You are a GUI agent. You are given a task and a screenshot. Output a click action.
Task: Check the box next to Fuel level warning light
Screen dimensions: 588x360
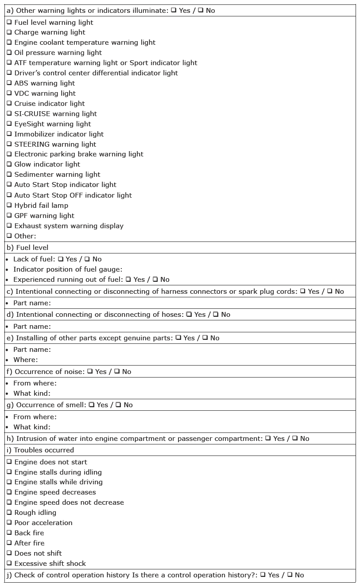click(9, 22)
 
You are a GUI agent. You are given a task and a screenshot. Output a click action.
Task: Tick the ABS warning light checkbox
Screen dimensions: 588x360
click(9, 83)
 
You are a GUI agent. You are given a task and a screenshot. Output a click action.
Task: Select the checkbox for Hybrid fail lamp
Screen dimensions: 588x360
click(9, 205)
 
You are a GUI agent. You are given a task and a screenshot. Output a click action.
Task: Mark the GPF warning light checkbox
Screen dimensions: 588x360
click(9, 215)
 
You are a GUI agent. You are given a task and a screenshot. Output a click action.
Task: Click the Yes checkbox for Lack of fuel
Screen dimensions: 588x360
click(60, 259)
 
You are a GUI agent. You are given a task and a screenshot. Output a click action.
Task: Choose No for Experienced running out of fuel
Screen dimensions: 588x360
click(155, 279)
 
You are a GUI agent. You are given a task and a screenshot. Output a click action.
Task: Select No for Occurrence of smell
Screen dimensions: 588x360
click(118, 405)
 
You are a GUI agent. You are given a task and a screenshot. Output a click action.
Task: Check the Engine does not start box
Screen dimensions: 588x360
click(9, 462)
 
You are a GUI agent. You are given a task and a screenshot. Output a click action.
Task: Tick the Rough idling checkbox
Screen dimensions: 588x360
click(9, 512)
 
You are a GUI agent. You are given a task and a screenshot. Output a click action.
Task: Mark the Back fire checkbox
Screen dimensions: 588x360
click(9, 533)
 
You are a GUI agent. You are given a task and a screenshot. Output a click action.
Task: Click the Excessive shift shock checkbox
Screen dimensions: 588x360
click(9, 563)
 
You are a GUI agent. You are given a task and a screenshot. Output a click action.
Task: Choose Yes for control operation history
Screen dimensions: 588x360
click(263, 575)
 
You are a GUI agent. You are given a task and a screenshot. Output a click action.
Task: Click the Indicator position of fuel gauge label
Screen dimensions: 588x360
click(68, 269)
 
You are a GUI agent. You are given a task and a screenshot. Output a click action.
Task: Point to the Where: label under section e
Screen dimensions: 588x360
click(25, 359)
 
